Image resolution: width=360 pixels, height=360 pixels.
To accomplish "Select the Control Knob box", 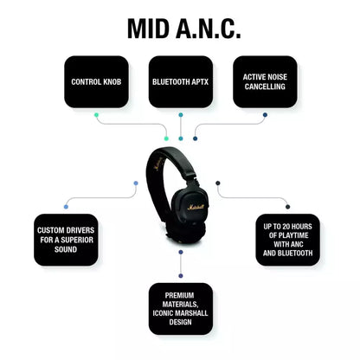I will pyautogui.click(x=96, y=82).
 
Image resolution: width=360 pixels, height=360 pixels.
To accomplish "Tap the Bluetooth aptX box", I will pyautogui.click(x=180, y=82).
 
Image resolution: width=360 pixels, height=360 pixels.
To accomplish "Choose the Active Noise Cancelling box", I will pyautogui.click(x=265, y=82).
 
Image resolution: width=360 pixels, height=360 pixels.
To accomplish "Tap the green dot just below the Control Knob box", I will pyautogui.click(x=96, y=114).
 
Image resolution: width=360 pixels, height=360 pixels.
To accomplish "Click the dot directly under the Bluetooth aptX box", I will pyautogui.click(x=180, y=114).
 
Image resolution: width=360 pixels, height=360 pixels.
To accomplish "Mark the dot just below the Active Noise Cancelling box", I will pyautogui.click(x=265, y=114).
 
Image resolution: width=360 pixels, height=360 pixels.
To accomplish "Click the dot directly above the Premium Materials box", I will pyautogui.click(x=180, y=253).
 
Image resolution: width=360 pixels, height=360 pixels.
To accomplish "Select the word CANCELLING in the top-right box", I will pyautogui.click(x=265, y=87).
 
